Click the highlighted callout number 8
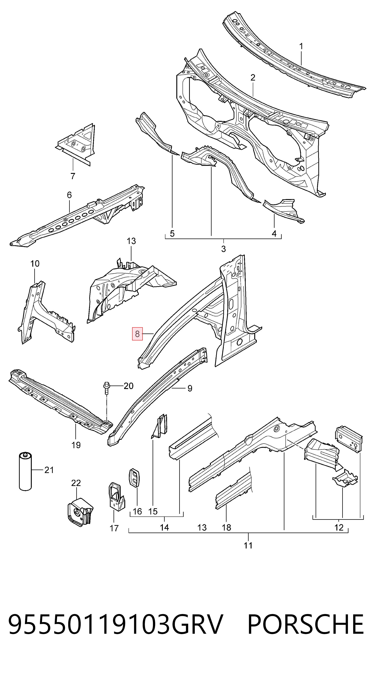click(x=137, y=334)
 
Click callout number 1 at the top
click(x=301, y=47)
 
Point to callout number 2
click(x=253, y=78)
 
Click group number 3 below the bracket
click(x=223, y=249)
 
